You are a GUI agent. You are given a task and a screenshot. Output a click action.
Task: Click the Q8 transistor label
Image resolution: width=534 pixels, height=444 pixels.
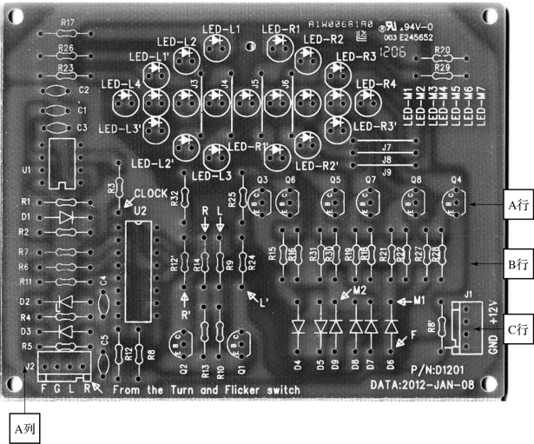click(x=417, y=180)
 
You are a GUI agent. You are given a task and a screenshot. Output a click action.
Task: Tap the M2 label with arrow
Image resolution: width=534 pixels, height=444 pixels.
click(x=359, y=290)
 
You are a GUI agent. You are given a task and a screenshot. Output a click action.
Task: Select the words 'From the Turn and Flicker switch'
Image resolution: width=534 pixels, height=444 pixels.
click(x=207, y=390)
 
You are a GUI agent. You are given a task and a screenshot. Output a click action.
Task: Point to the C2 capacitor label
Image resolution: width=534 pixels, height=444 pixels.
click(x=84, y=89)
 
